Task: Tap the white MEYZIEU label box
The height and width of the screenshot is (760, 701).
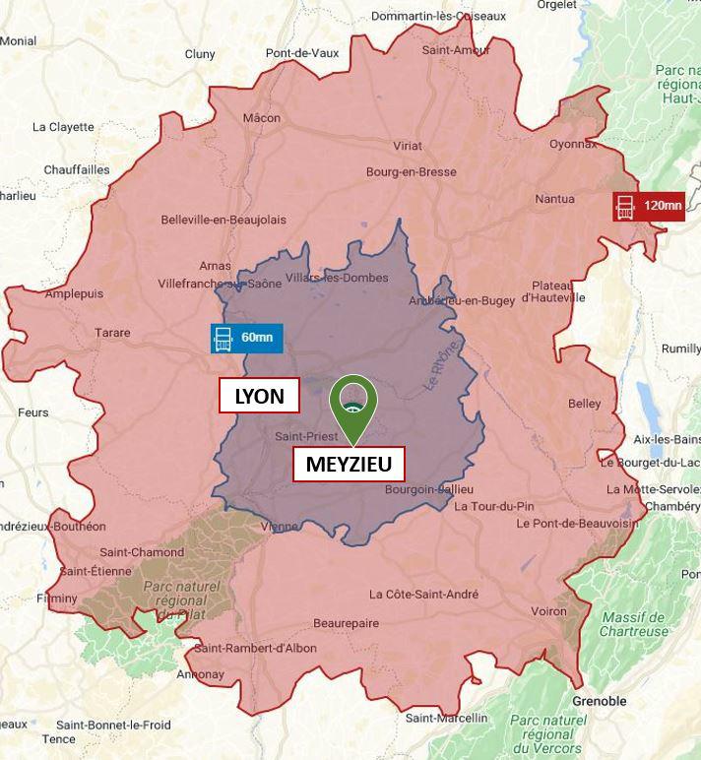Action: click(349, 464)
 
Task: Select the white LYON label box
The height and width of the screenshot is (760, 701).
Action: click(259, 397)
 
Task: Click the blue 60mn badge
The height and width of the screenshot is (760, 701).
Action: click(247, 338)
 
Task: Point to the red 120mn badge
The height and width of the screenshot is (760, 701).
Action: click(649, 206)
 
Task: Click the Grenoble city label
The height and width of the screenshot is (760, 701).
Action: click(599, 701)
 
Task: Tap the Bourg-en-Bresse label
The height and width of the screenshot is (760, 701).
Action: click(412, 172)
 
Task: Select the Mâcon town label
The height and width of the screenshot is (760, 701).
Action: click(262, 118)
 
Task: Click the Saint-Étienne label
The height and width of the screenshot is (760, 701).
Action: click(96, 571)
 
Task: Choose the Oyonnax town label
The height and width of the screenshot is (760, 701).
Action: click(573, 143)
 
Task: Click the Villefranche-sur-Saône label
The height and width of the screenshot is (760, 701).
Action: click(220, 284)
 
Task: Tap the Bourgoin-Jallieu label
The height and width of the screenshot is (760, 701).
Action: click(429, 489)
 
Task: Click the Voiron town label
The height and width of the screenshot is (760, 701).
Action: click(548, 610)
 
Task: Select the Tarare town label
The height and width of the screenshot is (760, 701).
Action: click(112, 333)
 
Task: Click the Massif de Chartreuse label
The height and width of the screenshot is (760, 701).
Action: click(635, 624)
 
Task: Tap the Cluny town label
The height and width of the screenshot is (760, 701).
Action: click(200, 54)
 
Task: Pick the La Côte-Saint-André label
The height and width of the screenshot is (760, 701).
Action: click(424, 594)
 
